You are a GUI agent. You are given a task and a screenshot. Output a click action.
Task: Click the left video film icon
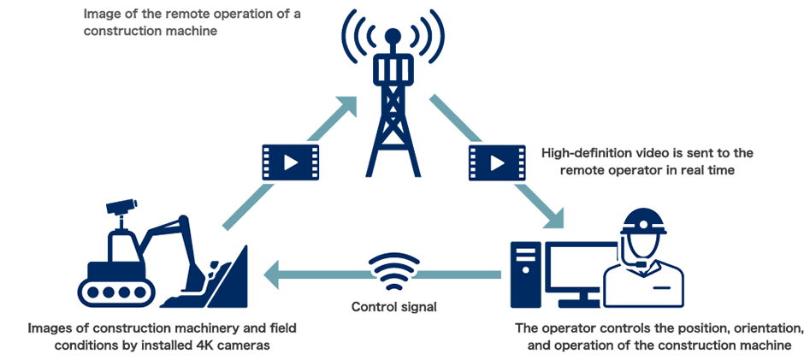[291, 161]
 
